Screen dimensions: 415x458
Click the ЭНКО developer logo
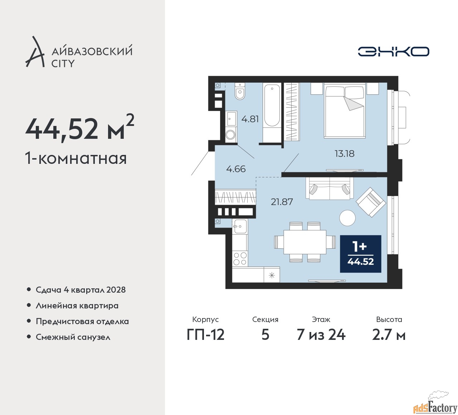tap(393, 52)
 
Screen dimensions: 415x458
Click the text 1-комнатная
tap(76, 158)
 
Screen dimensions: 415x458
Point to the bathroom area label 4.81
tap(250, 119)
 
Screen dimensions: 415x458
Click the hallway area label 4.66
tap(236, 169)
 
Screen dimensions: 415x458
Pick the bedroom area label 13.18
tap(344, 153)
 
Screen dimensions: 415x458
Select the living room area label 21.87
tap(282, 202)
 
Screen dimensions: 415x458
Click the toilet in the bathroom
tap(239, 92)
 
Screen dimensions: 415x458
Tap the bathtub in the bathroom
tap(272, 111)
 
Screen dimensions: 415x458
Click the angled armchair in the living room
tap(371, 202)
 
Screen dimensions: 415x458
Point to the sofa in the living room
tap(329, 188)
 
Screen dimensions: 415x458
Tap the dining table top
tap(304, 242)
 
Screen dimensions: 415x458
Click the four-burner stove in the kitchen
tap(240, 259)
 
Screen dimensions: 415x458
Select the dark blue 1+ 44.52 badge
tap(360, 254)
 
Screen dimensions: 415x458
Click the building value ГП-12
tap(205, 335)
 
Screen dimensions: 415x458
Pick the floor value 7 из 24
tap(321, 335)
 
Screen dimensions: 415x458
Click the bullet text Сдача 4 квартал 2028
tap(81, 290)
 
